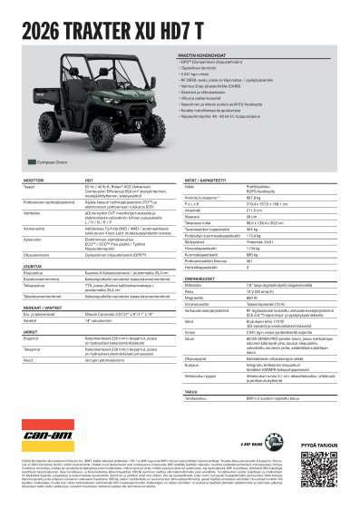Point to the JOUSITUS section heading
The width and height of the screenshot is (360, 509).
24,263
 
